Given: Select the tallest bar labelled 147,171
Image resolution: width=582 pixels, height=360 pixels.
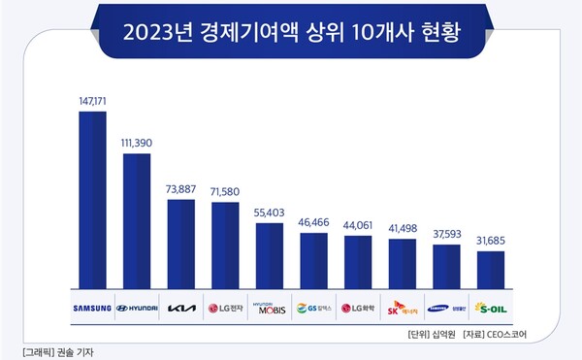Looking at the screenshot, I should point(92,198).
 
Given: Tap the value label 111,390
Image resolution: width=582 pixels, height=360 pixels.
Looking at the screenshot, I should point(137,143).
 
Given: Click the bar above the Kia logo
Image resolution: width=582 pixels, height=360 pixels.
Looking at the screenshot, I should point(181,243).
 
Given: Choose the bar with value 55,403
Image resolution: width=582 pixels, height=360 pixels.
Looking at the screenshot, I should point(270,254).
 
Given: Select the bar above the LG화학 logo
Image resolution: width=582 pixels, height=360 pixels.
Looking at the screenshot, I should point(358,261).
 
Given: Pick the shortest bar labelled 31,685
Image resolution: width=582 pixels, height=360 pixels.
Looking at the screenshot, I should point(490,269).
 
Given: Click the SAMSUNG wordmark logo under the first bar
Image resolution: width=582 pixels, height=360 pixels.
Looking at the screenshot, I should point(92,310).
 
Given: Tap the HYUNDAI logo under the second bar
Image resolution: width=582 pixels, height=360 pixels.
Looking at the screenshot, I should point(137,310).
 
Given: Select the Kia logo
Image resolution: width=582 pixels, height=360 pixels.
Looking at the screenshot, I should point(181,310).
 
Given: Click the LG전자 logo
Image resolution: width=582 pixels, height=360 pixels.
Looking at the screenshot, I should point(225,310).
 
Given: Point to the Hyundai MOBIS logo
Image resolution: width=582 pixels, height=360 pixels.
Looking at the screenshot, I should point(270,309).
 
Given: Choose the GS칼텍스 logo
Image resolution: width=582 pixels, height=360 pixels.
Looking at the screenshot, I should point(313,310).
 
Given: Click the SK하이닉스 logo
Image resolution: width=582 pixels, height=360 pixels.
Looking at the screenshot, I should point(402,310).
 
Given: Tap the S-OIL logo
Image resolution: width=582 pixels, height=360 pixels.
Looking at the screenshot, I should point(490,310).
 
